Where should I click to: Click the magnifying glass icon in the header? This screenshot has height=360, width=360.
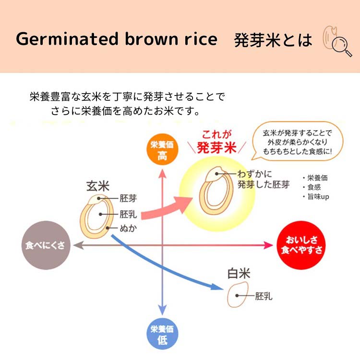point(342,47)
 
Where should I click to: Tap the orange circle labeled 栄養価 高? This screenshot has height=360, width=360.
point(162,149)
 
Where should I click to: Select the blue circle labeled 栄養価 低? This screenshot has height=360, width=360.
point(162,334)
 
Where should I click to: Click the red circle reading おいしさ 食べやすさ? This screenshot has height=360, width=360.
point(301,245)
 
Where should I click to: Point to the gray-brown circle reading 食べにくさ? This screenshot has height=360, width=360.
point(46,245)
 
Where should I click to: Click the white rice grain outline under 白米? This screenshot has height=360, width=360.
point(238,295)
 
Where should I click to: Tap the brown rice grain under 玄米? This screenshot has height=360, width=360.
point(96,216)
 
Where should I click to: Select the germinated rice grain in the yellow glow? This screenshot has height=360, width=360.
point(216,191)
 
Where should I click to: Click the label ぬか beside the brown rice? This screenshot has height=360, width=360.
point(128,228)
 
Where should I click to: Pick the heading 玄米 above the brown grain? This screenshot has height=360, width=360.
point(98,186)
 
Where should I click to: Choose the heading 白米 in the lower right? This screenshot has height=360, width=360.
point(239,274)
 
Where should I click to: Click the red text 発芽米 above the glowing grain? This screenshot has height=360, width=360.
point(216,147)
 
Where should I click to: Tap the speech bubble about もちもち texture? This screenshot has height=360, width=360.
point(298,141)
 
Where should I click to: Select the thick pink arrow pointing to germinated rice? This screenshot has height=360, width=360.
point(167,208)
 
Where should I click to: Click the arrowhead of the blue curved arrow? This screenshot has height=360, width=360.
point(217,287)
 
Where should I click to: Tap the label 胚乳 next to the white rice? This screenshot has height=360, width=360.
point(264,296)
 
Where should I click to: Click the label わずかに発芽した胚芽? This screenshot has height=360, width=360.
point(264,179)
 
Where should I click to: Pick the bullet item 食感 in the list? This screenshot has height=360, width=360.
point(312,187)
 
